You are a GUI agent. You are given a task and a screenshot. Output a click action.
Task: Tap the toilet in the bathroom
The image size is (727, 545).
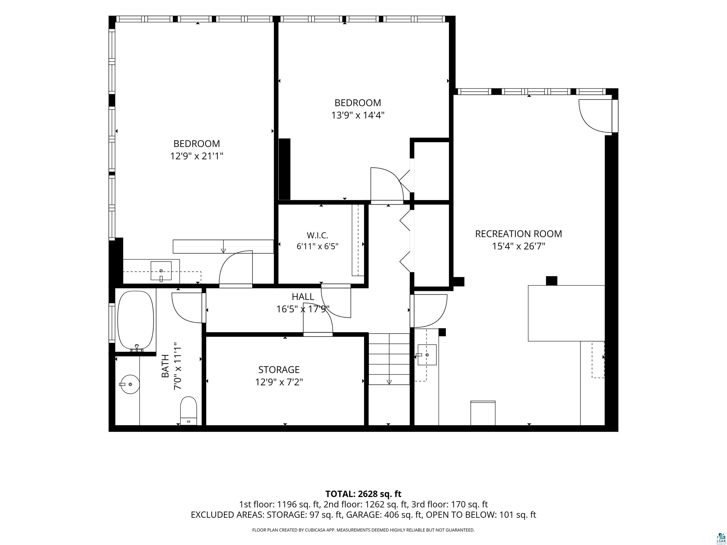tap(189, 411)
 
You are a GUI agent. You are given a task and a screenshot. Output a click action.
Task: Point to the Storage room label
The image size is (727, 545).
tap(279, 369)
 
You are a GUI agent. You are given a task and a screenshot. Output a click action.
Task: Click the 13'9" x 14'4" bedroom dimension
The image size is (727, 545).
tap(358, 115)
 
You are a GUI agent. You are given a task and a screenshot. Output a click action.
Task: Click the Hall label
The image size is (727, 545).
tap(303, 297)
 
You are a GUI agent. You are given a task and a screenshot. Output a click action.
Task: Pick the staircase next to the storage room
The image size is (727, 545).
tap(389, 359)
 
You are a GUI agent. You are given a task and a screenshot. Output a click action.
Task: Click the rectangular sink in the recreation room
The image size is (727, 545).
tap(427, 355)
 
